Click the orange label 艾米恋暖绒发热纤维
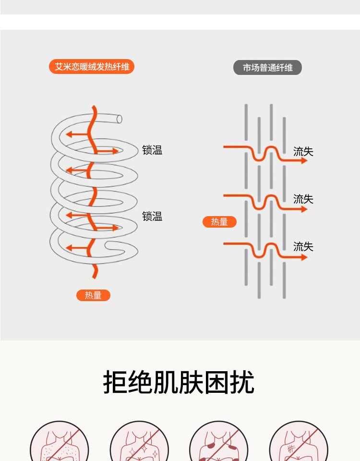coord(92,67)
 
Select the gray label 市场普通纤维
coord(267,68)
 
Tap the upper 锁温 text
coord(152,150)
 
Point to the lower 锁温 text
coord(152,217)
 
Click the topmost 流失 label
coord(303,152)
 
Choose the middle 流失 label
coord(303,199)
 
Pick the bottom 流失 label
coord(303,247)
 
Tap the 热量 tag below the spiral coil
coord(93,295)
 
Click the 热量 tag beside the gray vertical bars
coord(219,222)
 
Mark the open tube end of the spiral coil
coord(119,119)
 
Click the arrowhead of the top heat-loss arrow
coord(304,161)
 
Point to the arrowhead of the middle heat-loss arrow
coord(304,209)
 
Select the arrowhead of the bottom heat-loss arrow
coord(304,257)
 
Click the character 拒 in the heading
coord(115,383)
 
